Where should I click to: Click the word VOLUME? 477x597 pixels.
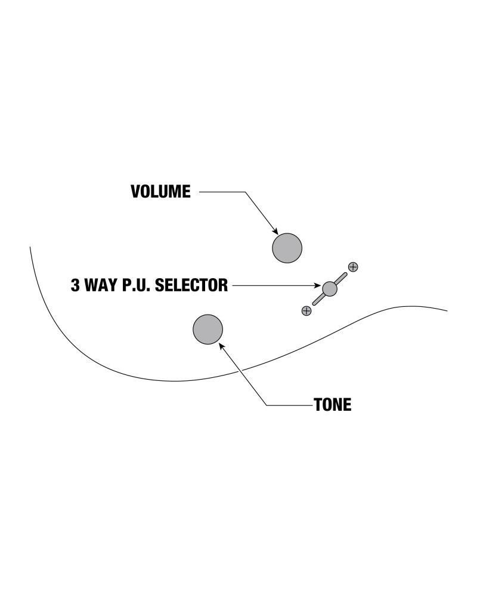pyautogui.click(x=160, y=192)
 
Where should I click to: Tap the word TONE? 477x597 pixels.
pyautogui.click(x=333, y=405)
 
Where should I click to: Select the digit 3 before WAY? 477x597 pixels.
pyautogui.click(x=76, y=285)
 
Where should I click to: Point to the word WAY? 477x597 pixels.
pyautogui.click(x=103, y=285)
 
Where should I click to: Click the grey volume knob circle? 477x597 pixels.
pyautogui.click(x=287, y=248)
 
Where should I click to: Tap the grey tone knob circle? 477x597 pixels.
pyautogui.click(x=207, y=329)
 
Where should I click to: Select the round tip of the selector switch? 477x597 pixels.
pyautogui.click(x=330, y=289)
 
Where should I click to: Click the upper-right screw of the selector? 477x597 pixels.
pyautogui.click(x=353, y=267)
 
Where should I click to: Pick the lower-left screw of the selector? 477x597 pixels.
pyautogui.click(x=306, y=310)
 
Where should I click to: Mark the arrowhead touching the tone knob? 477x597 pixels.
pyautogui.click(x=222, y=344)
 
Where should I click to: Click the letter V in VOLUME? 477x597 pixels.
pyautogui.click(x=135, y=192)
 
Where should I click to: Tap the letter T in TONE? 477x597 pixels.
pyautogui.click(x=318, y=405)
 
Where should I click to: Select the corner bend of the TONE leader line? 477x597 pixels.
pyautogui.click(x=267, y=405)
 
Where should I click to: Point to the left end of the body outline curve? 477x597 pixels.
pyautogui.click(x=30, y=247)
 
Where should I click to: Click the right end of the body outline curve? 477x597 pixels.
pyautogui.click(x=447, y=311)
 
